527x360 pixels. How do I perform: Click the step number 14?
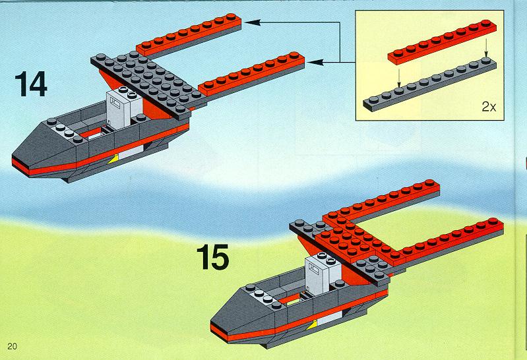[x=31, y=84]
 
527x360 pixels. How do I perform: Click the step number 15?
[x=213, y=256]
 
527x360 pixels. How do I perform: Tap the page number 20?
[x=12, y=346]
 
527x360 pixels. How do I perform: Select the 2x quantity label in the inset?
[x=489, y=107]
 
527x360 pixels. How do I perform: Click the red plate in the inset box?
[x=442, y=42]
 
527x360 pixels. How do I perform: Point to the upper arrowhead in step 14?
[x=253, y=22]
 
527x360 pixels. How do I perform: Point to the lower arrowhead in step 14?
[x=315, y=62]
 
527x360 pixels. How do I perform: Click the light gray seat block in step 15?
[x=322, y=274]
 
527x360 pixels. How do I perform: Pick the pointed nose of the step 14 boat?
[x=13, y=158]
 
